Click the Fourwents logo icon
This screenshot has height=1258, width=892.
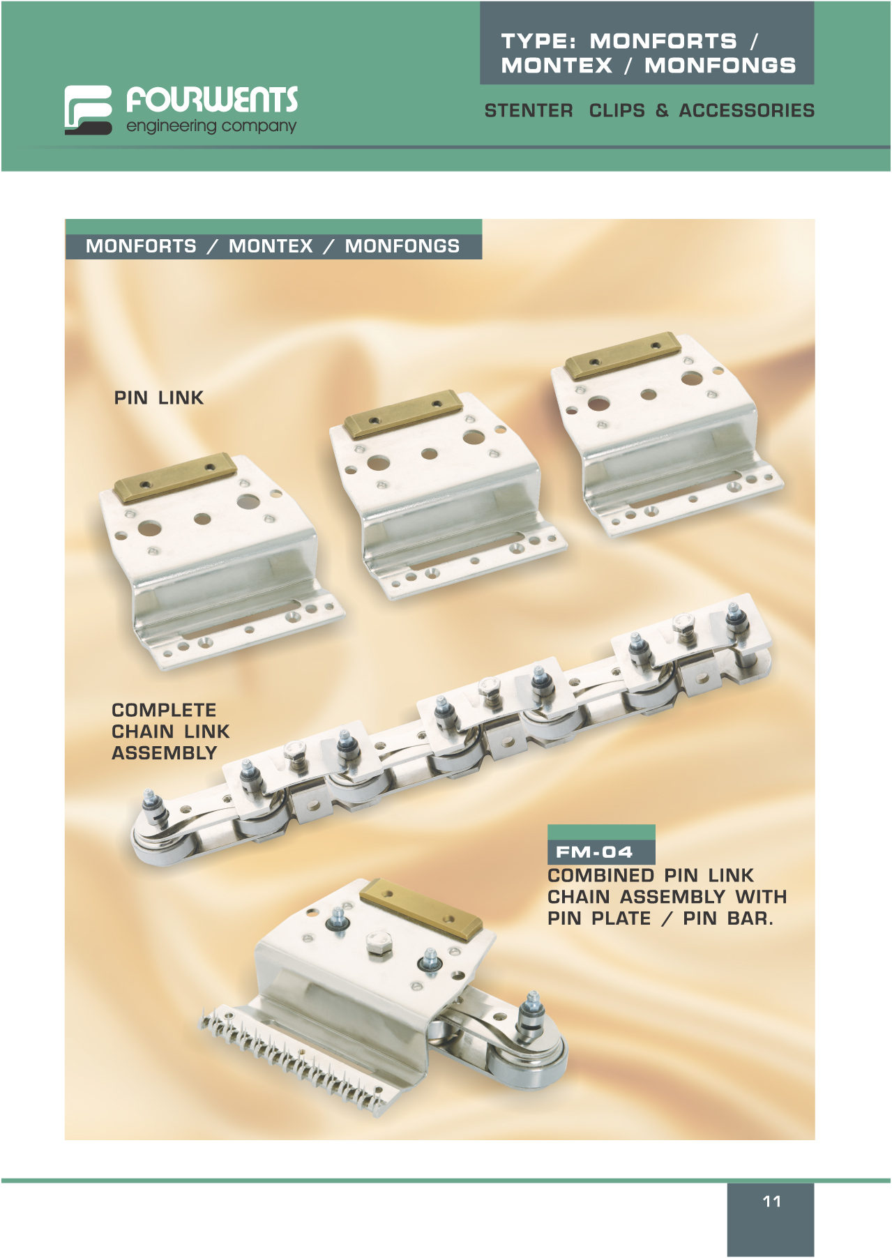88,109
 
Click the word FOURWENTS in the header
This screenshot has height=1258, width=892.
212,100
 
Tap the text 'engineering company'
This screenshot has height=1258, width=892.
211,126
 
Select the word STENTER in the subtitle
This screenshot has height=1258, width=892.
529,111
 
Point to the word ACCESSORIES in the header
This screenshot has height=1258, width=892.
747,111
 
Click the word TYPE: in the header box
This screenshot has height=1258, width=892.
538,41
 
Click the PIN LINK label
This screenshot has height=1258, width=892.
159,397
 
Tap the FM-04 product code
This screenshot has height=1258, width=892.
594,852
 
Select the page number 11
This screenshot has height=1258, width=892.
771,1201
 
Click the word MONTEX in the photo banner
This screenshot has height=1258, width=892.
271,246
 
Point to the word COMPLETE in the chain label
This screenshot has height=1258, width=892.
164,710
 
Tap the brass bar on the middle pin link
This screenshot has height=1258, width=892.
403,414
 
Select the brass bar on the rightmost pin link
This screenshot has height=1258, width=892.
623,356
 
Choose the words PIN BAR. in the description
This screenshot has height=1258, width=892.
728,918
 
